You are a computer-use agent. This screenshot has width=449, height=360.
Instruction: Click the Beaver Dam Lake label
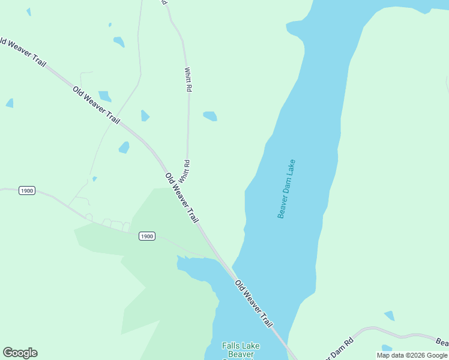tap(286, 188)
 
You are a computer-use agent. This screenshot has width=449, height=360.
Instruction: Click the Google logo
tap(20, 353)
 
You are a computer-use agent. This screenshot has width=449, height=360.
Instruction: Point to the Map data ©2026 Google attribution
tap(412, 355)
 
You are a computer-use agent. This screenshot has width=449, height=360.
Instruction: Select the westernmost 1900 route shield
tap(27, 191)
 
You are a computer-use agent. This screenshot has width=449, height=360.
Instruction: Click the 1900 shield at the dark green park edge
tap(147, 236)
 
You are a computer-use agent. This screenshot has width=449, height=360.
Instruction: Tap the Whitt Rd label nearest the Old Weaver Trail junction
tap(187, 172)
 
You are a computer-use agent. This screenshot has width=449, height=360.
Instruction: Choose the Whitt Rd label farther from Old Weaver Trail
tap(188, 79)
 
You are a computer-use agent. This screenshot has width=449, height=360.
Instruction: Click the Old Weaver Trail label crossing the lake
tap(253, 304)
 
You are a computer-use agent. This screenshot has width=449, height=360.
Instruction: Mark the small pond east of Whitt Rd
tap(210, 116)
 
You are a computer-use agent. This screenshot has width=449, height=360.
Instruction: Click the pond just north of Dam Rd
tap(390, 316)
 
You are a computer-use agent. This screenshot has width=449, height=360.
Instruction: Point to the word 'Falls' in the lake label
tap(232, 346)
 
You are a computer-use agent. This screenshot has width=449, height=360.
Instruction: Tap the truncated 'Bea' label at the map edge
tap(442, 342)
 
